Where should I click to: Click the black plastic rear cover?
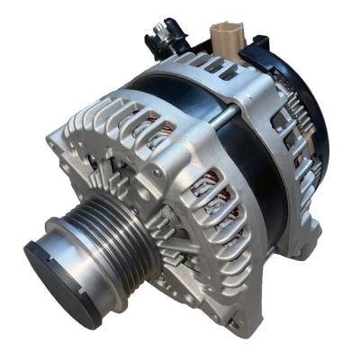click(x=310, y=99)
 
